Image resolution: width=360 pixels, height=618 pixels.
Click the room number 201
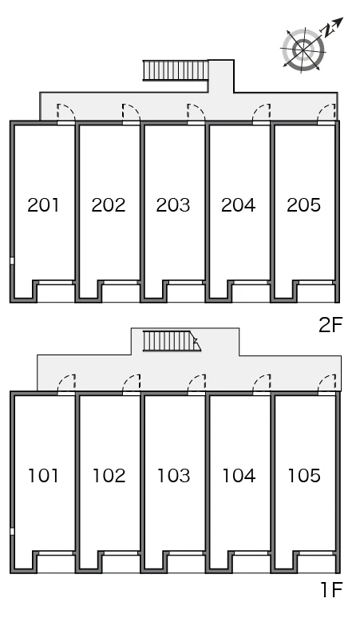pyautogui.click(x=43, y=205)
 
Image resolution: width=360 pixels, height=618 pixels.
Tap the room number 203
pyautogui.click(x=173, y=205)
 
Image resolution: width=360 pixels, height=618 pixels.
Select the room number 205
pyautogui.click(x=303, y=205)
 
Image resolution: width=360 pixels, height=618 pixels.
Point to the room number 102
pyautogui.click(x=109, y=476)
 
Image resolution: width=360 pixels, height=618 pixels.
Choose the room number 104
pyautogui.click(x=239, y=476)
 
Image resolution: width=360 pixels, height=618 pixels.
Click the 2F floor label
pyautogui.click(x=330, y=325)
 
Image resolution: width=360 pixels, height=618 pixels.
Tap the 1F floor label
pyautogui.click(x=331, y=589)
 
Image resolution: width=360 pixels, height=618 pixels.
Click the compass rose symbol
pyautogui.click(x=303, y=50)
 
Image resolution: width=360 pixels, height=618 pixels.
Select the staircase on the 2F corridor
pyautogui.click(x=176, y=71)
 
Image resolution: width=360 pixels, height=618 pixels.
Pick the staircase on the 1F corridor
pyautogui.click(x=172, y=341)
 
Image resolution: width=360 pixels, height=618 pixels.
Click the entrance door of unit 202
pyautogui.click(x=131, y=114)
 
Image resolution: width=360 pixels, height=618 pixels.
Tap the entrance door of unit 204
pyautogui.click(x=262, y=114)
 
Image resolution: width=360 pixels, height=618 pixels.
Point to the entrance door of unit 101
pyautogui.click(x=66, y=385)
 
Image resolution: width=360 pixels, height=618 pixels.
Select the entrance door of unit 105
pyautogui.click(x=327, y=385)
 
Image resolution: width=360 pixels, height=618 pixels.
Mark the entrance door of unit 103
pyautogui.click(x=196, y=385)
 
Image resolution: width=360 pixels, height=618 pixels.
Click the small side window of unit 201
pyautogui.click(x=12, y=260)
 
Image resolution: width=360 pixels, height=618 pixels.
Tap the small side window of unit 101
pyautogui.click(x=12, y=531)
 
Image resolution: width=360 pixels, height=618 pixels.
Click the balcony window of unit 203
pyautogui.click(x=185, y=282)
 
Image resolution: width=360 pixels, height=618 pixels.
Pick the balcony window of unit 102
pyautogui.click(x=121, y=553)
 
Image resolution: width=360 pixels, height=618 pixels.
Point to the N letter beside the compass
pyautogui.click(x=327, y=31)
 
